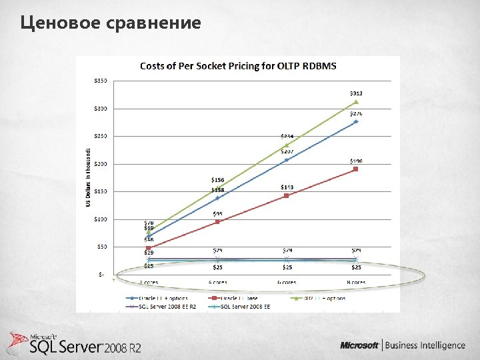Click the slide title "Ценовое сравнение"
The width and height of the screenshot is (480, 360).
[111, 23]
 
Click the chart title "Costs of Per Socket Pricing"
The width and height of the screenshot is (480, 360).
[237, 65]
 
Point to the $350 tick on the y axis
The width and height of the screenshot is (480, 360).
[99, 81]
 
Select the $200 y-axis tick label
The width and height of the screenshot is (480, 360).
[99, 164]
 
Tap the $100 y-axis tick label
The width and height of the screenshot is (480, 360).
[99, 219]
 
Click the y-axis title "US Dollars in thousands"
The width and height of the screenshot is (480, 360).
[88, 177]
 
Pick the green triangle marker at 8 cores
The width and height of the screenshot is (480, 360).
[356, 102]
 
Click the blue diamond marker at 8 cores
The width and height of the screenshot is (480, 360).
[356, 121]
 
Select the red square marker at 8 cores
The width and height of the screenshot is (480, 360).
[356, 169]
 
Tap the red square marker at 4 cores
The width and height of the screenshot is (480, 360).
[217, 221]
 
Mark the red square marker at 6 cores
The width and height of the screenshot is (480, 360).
[287, 195]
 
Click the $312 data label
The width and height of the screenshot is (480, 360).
[357, 93]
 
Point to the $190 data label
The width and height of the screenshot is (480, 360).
[357, 161]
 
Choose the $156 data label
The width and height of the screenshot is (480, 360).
[217, 180]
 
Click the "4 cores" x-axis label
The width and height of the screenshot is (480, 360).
[217, 283]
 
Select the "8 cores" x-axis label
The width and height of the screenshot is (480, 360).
[356, 283]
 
